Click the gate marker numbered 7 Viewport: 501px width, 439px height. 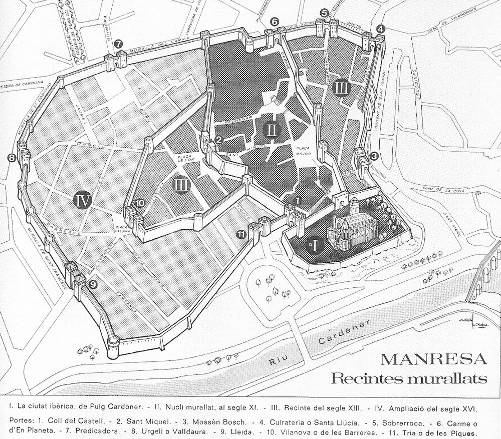tap(118, 44)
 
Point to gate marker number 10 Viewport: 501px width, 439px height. tap(140, 203)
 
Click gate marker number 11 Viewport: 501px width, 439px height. tap(241, 233)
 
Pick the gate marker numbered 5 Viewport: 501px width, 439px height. tap(324, 13)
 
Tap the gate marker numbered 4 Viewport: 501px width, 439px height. tap(381, 29)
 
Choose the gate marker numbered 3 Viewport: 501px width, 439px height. tap(374, 156)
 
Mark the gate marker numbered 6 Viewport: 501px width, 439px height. tap(274, 22)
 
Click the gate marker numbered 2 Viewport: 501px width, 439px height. tap(218, 140)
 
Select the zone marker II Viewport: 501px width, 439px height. tap(271, 131)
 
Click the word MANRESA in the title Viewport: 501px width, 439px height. tap(433, 360)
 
